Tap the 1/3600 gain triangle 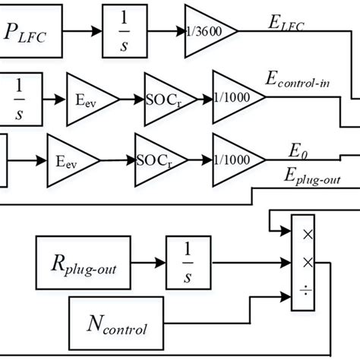point(206,33)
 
